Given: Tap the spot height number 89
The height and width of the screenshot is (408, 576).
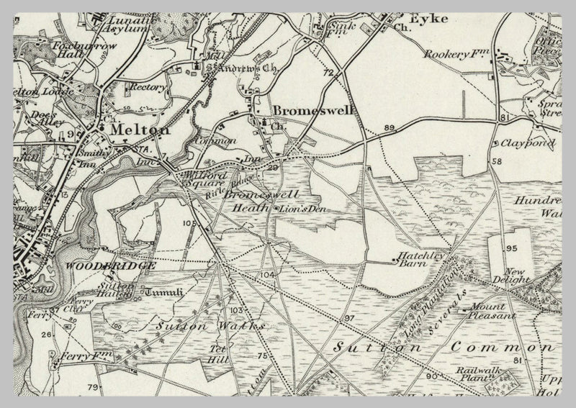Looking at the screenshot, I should (x=390, y=128).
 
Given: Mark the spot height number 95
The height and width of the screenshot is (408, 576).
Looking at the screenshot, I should (x=511, y=248).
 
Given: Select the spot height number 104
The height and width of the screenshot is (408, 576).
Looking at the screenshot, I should (x=268, y=276).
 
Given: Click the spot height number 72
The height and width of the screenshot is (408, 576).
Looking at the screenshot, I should (x=329, y=73).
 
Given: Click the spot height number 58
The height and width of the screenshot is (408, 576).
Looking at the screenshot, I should (x=498, y=162).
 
